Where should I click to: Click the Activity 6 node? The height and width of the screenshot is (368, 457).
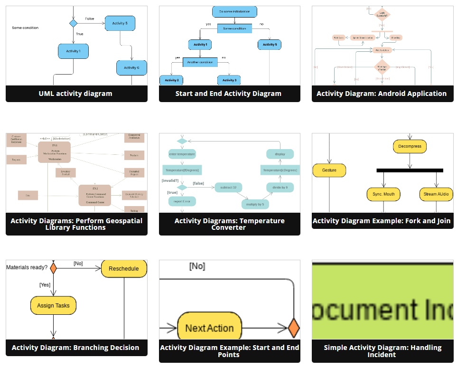tap(131, 67)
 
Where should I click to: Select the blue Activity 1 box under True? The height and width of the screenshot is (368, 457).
tap(73, 51)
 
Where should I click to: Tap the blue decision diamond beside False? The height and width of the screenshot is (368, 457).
tap(73, 23)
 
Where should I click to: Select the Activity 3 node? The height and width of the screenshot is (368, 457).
tap(229, 80)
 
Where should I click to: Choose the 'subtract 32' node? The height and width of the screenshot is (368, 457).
tap(228, 188)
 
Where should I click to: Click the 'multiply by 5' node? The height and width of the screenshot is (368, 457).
tap(255, 204)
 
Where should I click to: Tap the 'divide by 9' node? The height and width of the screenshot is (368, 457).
tap(280, 188)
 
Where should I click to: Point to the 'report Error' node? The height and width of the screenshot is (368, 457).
tap(182, 201)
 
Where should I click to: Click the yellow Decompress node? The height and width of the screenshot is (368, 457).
tap(410, 146)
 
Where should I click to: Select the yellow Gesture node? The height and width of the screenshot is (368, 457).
tap(329, 170)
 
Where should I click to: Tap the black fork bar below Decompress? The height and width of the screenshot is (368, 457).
tap(410, 170)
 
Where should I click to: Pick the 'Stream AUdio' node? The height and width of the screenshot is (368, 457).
tap(436, 194)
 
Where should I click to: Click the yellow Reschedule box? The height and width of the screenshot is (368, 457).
tap(124, 269)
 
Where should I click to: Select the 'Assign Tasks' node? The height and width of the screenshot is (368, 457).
tap(53, 306)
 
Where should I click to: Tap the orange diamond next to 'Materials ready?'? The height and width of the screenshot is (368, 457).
tap(53, 268)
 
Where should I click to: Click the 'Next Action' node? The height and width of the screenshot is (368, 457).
tap(209, 328)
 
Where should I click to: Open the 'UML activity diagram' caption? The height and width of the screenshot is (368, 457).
tap(76, 94)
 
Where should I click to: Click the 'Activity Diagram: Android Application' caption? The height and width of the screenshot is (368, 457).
tap(382, 94)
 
